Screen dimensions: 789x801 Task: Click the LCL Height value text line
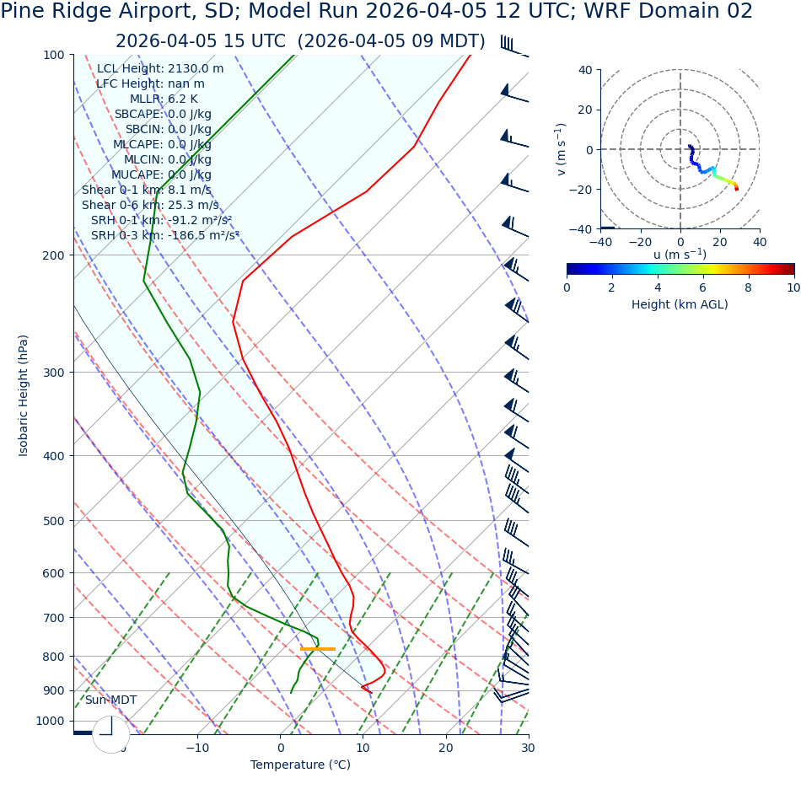(x=160, y=69)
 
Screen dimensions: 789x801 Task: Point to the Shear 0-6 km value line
(x=150, y=206)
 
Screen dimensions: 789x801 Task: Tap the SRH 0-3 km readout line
(x=164, y=236)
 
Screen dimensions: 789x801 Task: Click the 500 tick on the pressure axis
(x=54, y=521)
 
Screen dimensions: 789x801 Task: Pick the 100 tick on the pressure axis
(x=54, y=55)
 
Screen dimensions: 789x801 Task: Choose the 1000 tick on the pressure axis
(x=50, y=721)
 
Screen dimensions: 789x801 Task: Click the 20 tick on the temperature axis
(x=445, y=748)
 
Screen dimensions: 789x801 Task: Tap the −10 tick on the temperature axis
(x=197, y=748)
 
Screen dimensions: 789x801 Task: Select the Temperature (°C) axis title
(x=300, y=765)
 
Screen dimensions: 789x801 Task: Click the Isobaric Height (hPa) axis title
(x=24, y=395)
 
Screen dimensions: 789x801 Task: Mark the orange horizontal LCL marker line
(x=318, y=649)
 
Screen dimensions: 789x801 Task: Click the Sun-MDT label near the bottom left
(x=110, y=700)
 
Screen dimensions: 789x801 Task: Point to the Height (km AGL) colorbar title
(x=680, y=304)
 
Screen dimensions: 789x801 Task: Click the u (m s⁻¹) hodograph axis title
(x=680, y=255)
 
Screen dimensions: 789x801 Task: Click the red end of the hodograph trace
(x=736, y=188)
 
